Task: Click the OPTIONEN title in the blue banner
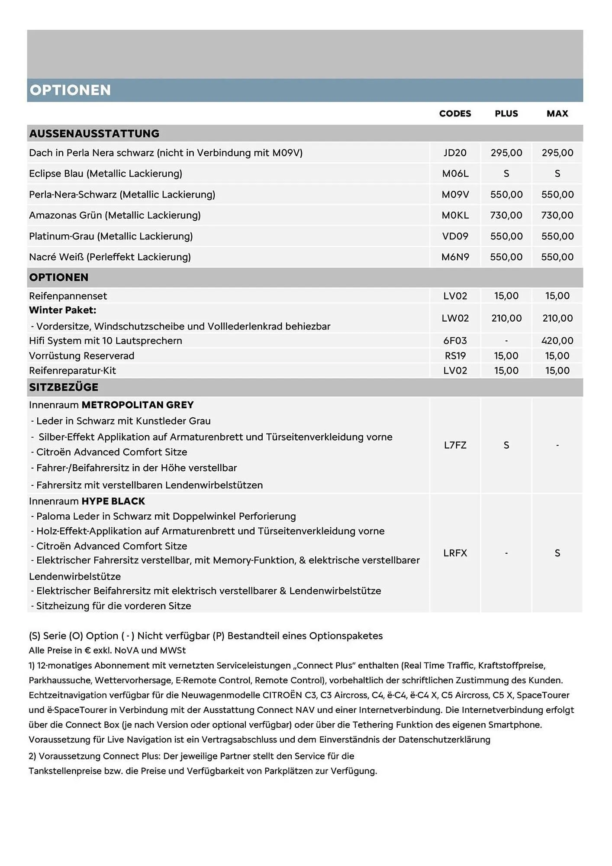70,90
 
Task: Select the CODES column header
455,113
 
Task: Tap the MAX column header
557,113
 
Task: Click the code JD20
455,153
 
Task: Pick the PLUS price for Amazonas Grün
506,215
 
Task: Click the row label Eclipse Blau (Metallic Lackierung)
106,174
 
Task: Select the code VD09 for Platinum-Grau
455,236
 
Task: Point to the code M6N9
455,257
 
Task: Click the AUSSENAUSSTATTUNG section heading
94,133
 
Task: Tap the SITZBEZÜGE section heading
64,387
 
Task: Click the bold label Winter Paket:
63,310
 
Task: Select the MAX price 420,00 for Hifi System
557,341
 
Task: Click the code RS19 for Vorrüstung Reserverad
455,356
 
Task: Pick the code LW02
455,318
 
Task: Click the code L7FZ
455,445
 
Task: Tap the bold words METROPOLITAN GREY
138,405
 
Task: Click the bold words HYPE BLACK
113,501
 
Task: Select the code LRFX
455,553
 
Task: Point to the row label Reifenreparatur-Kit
72,371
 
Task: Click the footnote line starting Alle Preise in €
107,650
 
